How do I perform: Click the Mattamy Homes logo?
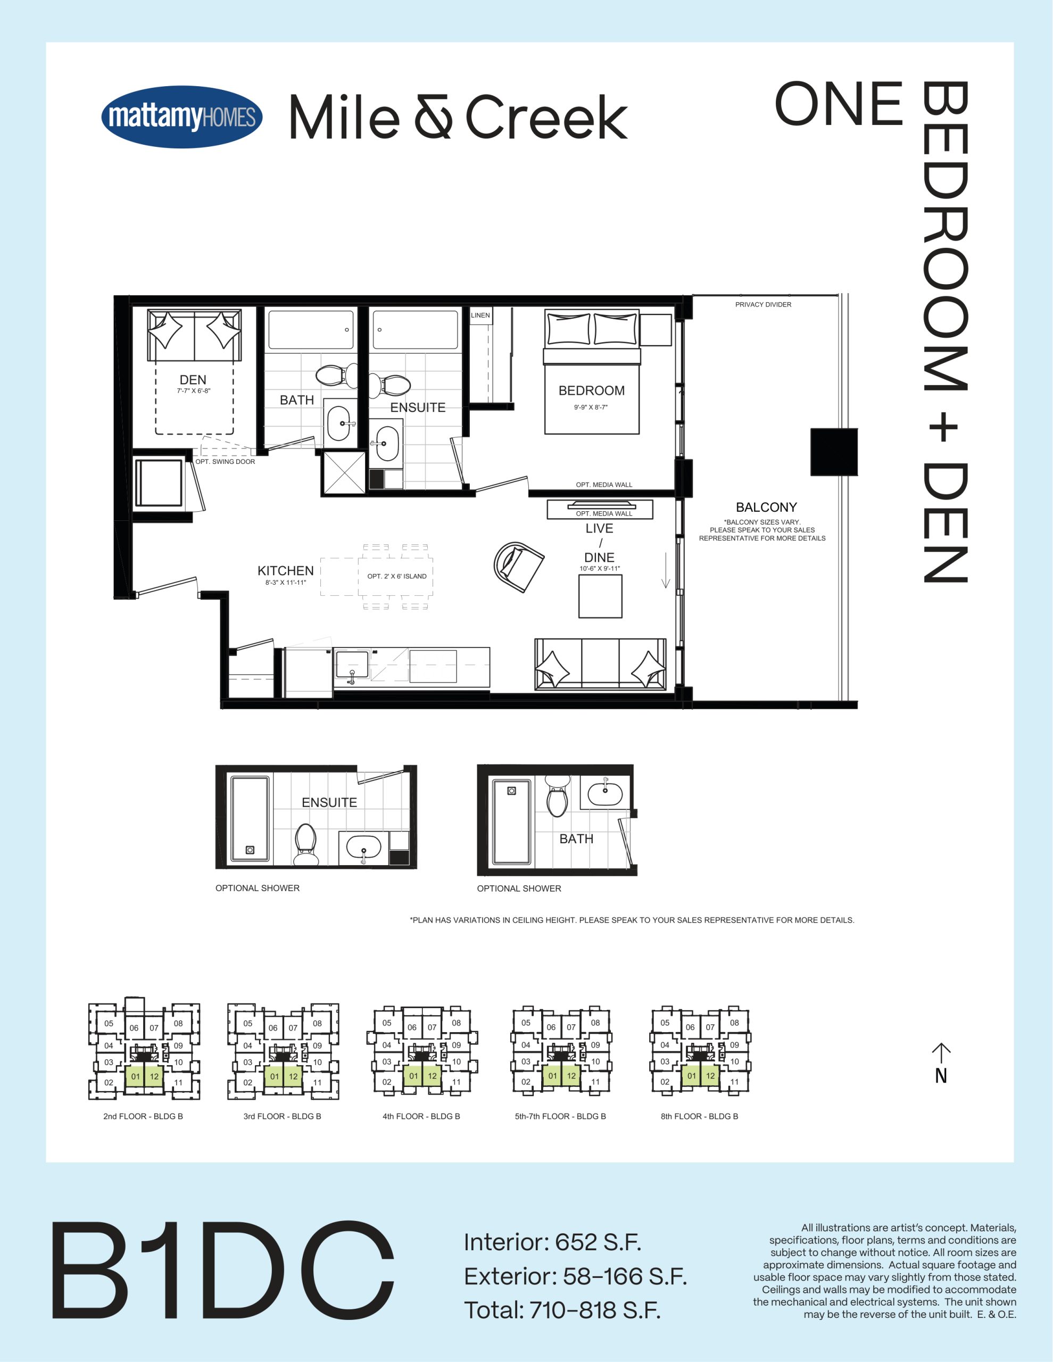(181, 117)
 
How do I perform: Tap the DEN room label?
(193, 380)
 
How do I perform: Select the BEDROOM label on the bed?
(591, 391)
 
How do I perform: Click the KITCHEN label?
(285, 571)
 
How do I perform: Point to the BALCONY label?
(766, 507)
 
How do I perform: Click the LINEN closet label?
(480, 315)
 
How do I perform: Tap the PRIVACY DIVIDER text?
(763, 304)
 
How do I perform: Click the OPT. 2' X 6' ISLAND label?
(397, 576)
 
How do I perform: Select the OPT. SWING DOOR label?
(225, 461)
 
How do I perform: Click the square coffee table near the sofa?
(600, 596)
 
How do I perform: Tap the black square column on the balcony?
(834, 452)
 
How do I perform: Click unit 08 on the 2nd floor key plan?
(178, 1024)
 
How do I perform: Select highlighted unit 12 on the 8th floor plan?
(710, 1076)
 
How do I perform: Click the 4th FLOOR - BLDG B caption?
(421, 1116)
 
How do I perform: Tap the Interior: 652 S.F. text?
(553, 1242)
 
